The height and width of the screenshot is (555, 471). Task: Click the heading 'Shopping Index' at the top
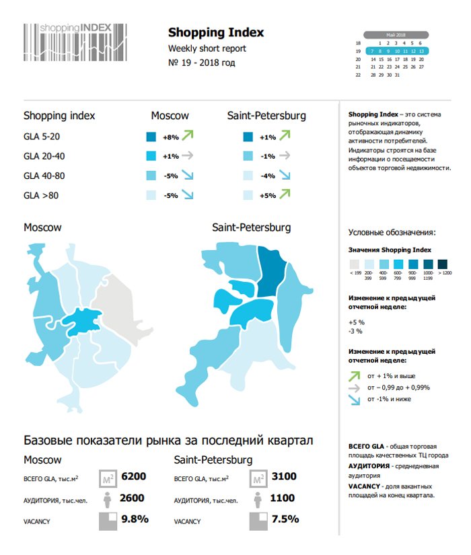tap(215, 32)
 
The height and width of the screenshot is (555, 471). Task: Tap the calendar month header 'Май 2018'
tap(396, 34)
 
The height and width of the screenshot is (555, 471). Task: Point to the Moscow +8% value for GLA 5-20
tap(170, 137)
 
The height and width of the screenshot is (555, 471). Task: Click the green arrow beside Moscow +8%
tap(188, 136)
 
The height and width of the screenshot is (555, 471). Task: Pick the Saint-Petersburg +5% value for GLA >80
tap(267, 196)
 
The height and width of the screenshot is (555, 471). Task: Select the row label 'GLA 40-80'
tap(45, 176)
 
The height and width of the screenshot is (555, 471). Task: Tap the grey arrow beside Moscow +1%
tap(188, 156)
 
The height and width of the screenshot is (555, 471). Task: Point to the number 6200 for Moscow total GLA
tap(133, 477)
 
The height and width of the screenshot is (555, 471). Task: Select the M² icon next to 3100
tap(257, 478)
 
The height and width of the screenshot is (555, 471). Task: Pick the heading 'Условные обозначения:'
tap(392, 233)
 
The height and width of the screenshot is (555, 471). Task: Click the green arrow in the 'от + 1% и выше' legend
tap(355, 375)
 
